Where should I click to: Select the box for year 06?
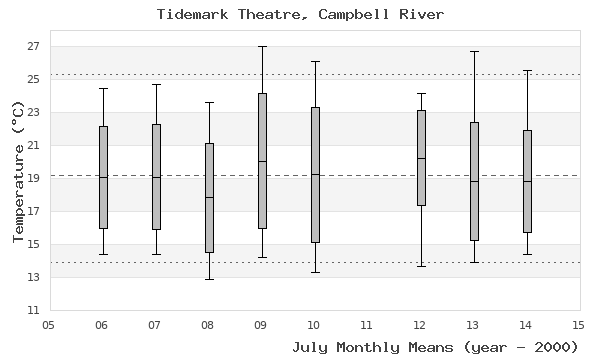click(103, 177)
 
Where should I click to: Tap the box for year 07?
click(156, 177)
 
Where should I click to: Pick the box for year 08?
click(209, 198)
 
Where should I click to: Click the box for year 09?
click(262, 161)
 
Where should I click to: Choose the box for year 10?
click(315, 175)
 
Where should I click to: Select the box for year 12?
click(421, 158)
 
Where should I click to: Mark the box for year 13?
click(474, 181)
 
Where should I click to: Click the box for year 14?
click(527, 181)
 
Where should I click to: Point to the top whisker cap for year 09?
click(262, 46)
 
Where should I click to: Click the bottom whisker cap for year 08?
click(209, 279)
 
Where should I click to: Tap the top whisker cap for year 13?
click(474, 51)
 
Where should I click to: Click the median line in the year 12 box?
click(421, 158)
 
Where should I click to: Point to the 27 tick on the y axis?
click(47, 46)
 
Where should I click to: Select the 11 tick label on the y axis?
click(33, 310)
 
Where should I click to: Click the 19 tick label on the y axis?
click(33, 178)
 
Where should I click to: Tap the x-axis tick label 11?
click(367, 325)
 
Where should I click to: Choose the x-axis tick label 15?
click(578, 325)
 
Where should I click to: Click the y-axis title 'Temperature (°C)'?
click(17, 170)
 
